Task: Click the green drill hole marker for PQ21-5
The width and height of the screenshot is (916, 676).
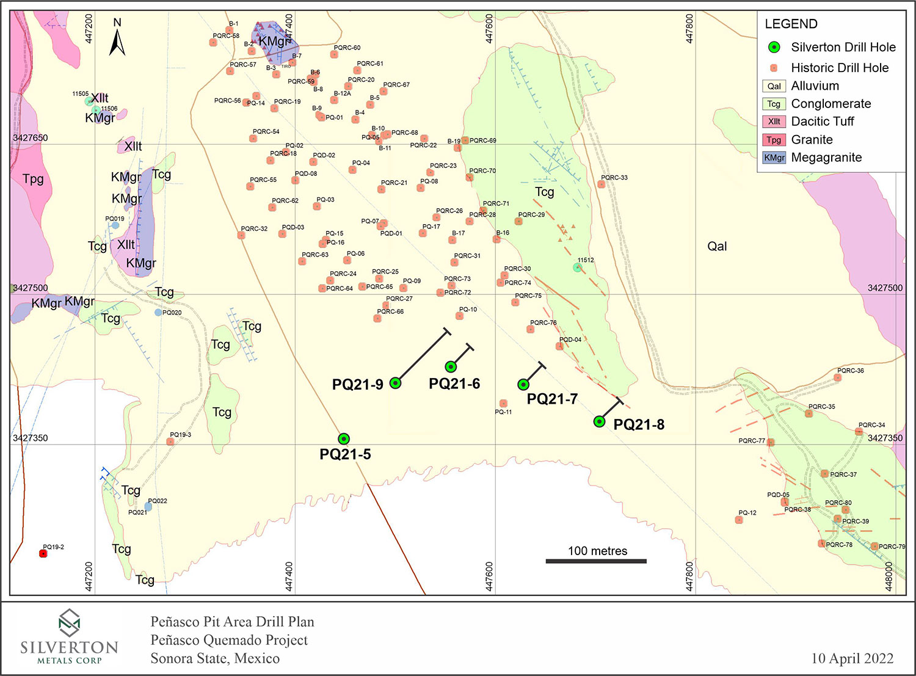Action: pos(344,438)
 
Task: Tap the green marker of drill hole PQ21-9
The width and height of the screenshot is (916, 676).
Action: pos(395,383)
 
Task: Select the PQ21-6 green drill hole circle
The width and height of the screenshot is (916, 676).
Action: pos(451,366)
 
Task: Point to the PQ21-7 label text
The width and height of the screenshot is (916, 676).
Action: pos(552,399)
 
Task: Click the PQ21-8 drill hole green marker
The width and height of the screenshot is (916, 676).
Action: pos(600,421)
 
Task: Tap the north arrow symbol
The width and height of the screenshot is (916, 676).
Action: pos(117,40)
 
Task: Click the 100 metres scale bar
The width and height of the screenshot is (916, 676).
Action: pos(596,561)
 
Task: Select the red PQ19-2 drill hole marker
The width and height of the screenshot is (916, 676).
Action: pos(43,553)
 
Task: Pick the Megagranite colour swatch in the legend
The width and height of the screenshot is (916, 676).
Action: pos(774,158)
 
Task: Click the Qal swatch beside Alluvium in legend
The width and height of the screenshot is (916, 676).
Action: pos(774,86)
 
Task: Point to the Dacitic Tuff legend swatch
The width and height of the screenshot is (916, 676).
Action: pos(774,122)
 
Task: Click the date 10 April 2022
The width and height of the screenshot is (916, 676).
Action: pos(852,658)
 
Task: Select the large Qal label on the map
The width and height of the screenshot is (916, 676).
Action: pos(717,246)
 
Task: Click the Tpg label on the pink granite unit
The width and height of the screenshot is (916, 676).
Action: pos(33,179)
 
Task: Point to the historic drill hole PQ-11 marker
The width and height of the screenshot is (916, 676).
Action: pos(503,403)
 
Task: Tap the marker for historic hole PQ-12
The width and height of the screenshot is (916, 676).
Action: pos(739,520)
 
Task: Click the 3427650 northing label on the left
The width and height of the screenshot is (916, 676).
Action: pos(30,138)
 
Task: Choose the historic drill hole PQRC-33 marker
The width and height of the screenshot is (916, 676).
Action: pos(602,184)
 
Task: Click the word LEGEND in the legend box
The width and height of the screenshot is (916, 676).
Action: pos(791,24)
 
